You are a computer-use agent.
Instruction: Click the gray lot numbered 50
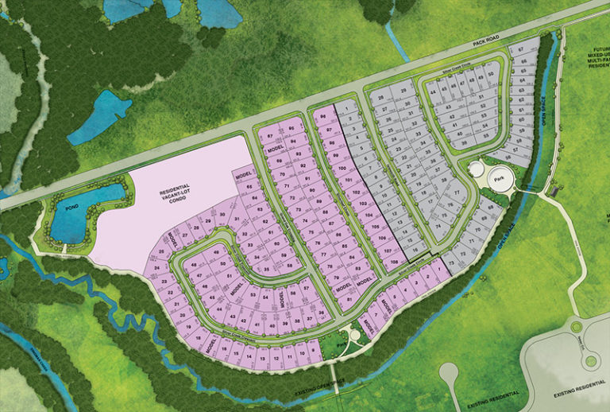point(490,74)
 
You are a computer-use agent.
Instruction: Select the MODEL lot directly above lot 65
point(243,174)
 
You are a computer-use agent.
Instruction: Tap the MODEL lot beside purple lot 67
point(276,149)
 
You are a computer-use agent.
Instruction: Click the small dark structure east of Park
point(553,191)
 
